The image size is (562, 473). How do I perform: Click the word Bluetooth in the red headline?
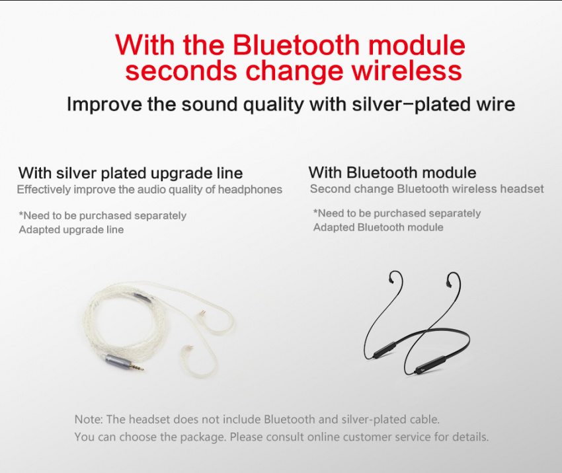pyautogui.click(x=296, y=45)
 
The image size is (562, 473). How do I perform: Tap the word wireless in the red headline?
pyautogui.click(x=407, y=71)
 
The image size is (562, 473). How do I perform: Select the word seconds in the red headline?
pyautogui.click(x=181, y=71)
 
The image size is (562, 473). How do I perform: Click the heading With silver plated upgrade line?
pyautogui.click(x=130, y=173)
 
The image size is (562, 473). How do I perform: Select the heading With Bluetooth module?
pyautogui.click(x=392, y=172)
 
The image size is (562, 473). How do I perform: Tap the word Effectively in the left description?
pyautogui.click(x=44, y=190)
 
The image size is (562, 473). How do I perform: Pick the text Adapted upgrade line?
pyautogui.click(x=71, y=229)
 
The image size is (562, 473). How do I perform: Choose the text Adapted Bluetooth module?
pyautogui.click(x=378, y=227)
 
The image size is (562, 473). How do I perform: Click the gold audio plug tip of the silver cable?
pyautogui.click(x=138, y=366)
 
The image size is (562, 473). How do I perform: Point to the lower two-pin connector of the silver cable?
pyautogui.click(x=188, y=349)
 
